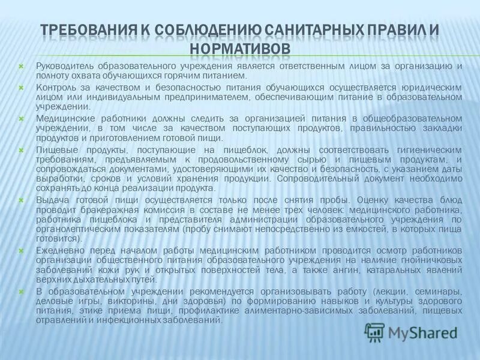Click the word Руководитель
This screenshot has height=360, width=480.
[x=61, y=66]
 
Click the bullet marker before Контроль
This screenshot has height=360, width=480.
[x=22, y=87]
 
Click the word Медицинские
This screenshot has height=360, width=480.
[x=62, y=118]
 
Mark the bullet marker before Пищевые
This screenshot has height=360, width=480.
[x=22, y=149]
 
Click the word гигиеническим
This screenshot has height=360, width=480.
[x=428, y=149]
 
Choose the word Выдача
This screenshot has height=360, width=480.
[x=51, y=200]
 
